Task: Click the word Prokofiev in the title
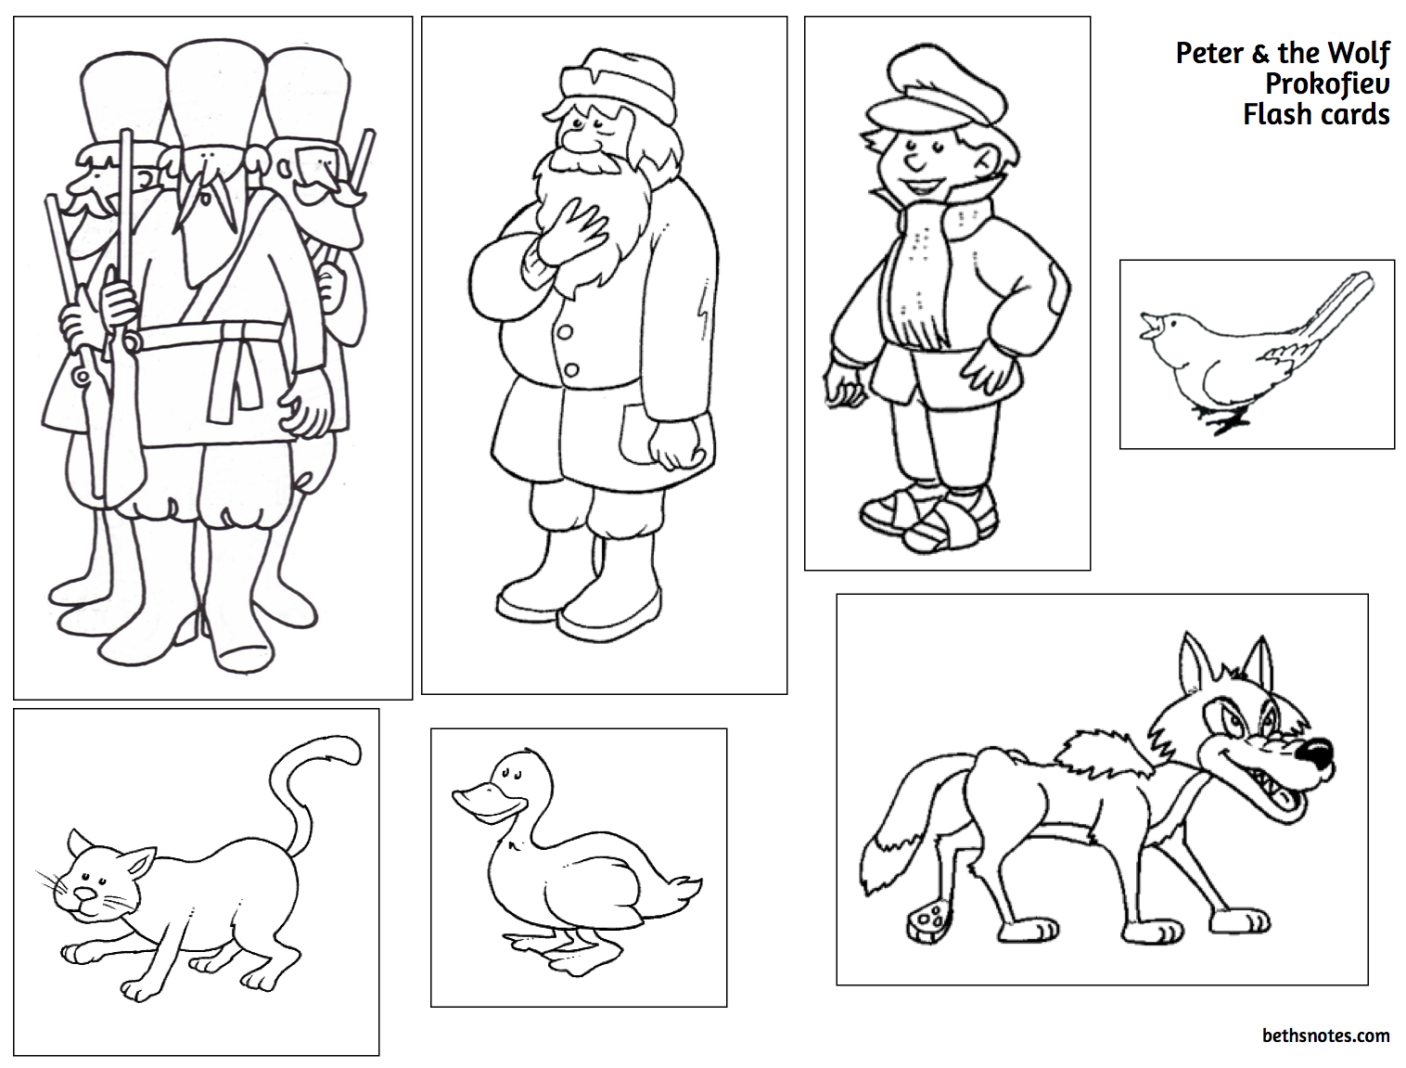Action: click(1327, 84)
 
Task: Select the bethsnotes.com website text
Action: click(1326, 1036)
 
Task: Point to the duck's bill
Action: click(481, 801)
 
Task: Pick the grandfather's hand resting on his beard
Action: click(571, 232)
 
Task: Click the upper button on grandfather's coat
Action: click(564, 332)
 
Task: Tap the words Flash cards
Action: click(1316, 114)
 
